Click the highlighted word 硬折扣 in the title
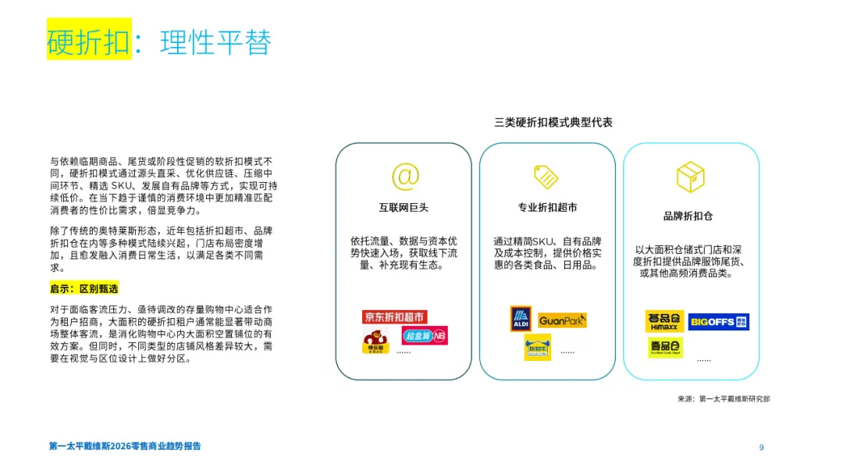88,41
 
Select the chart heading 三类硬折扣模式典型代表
553,123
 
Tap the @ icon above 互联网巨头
404,177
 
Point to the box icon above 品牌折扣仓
690,177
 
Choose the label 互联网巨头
404,208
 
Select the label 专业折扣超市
547,208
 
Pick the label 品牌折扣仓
688,216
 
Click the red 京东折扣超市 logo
395,316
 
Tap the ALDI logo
521,319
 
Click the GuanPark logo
562,320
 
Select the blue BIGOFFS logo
718,321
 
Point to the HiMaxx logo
664,321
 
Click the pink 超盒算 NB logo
425,336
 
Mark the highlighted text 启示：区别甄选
84,288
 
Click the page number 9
761,447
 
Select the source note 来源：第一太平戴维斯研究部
724,398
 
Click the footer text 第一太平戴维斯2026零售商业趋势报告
125,446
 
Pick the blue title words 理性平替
215,41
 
